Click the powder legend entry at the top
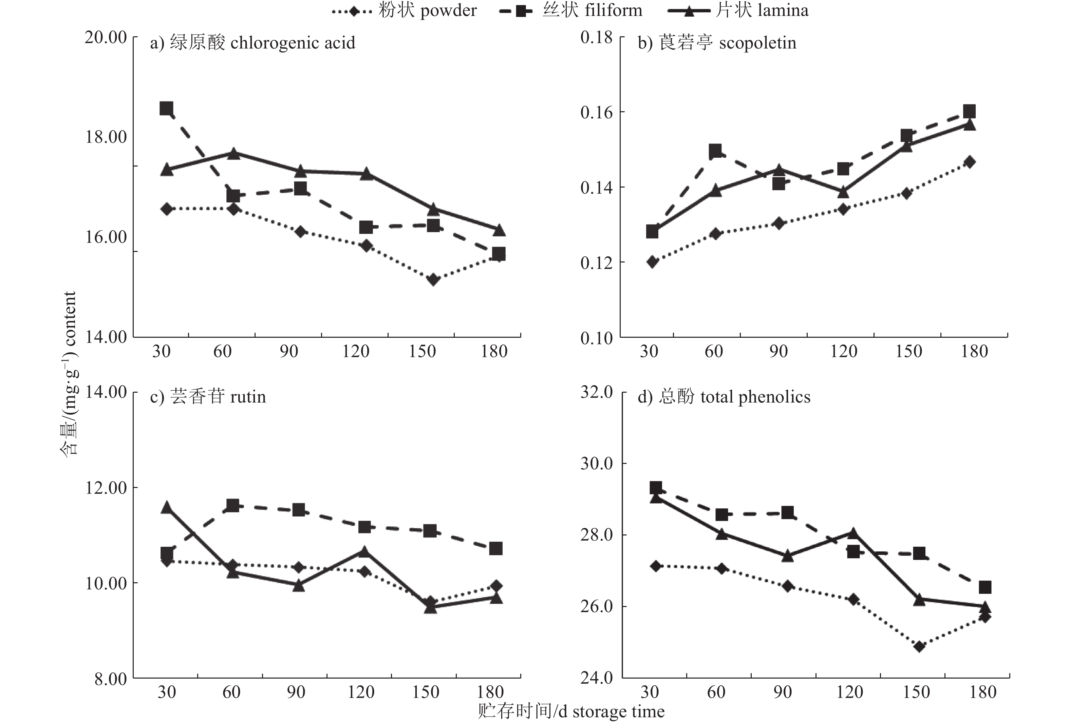(x=405, y=10)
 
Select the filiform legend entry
(x=570, y=10)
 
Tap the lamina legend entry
(x=738, y=10)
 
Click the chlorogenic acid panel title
(x=252, y=43)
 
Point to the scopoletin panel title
(x=717, y=43)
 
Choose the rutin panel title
(x=208, y=397)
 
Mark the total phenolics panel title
(x=724, y=397)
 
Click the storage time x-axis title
(x=571, y=711)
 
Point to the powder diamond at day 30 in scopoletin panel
(x=652, y=262)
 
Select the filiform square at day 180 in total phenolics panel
(x=985, y=587)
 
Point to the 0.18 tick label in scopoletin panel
(x=596, y=37)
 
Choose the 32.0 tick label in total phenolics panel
(x=596, y=392)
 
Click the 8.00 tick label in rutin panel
(x=110, y=679)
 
